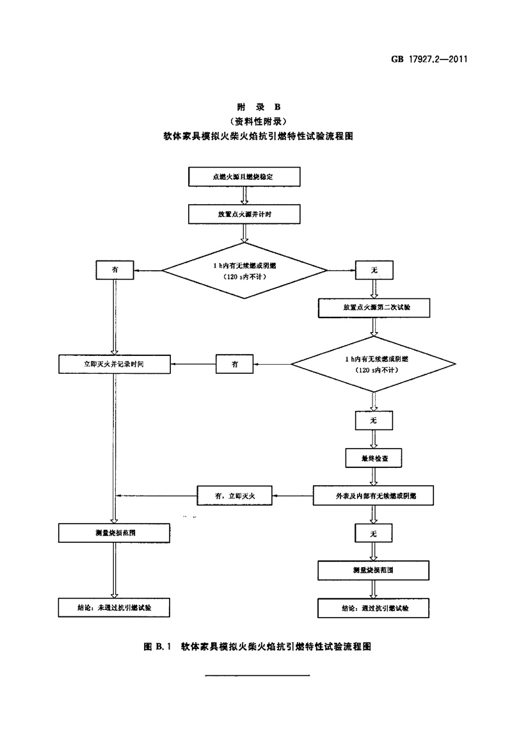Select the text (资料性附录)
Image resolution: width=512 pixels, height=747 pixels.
point(255,121)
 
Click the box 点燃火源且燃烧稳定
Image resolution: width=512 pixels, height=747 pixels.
point(243,175)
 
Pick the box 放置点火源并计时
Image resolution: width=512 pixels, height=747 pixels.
point(243,214)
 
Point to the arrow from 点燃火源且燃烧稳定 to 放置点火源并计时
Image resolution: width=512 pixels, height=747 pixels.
point(243,195)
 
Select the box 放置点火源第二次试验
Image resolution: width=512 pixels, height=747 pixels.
point(373,307)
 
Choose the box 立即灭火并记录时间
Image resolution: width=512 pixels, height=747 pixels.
point(114,364)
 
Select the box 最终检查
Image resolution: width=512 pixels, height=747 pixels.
point(373,458)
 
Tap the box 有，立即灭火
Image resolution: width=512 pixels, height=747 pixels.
point(235,494)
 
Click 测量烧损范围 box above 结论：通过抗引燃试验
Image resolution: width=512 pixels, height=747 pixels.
point(373,569)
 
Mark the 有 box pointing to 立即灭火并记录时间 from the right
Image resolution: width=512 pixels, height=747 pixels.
point(235,364)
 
